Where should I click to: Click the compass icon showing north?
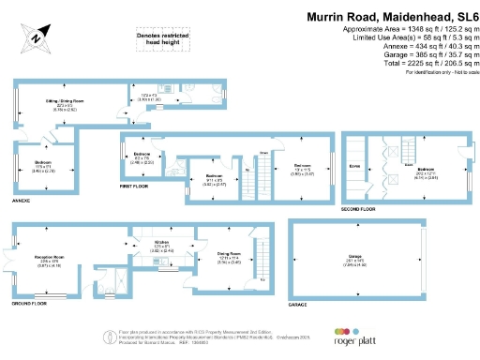coord(36,37)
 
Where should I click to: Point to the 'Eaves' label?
coord(354,165)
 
